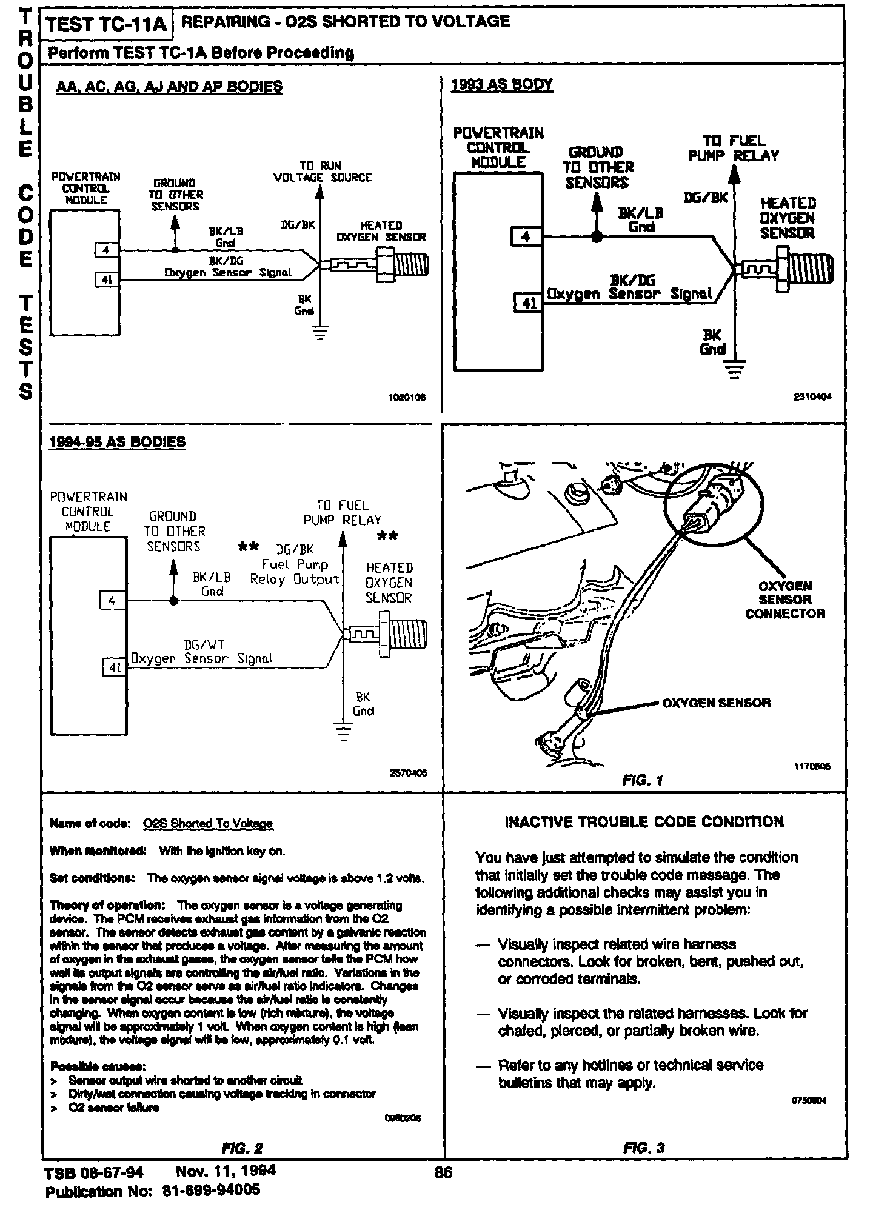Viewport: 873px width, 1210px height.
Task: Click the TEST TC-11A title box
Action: [107, 24]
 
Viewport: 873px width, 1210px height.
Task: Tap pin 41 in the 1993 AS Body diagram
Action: [529, 302]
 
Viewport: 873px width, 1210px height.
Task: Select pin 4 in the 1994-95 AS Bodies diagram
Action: [112, 601]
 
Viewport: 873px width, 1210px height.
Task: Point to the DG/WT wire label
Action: [204, 645]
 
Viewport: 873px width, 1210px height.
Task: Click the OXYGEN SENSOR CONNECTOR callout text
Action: [785, 600]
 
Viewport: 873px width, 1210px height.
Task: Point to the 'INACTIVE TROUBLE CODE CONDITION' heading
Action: [644, 822]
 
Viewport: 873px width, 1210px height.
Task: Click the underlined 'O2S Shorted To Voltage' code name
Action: [208, 823]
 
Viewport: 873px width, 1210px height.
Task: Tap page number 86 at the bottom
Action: [444, 1172]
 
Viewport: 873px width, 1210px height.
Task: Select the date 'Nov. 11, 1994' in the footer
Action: [226, 1171]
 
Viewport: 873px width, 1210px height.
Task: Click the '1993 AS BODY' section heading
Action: [502, 84]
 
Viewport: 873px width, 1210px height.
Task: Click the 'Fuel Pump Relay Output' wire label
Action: [295, 572]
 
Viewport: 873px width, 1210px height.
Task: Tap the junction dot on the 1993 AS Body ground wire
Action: [597, 237]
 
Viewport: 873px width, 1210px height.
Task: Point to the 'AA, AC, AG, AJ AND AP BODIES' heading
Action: [169, 87]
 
